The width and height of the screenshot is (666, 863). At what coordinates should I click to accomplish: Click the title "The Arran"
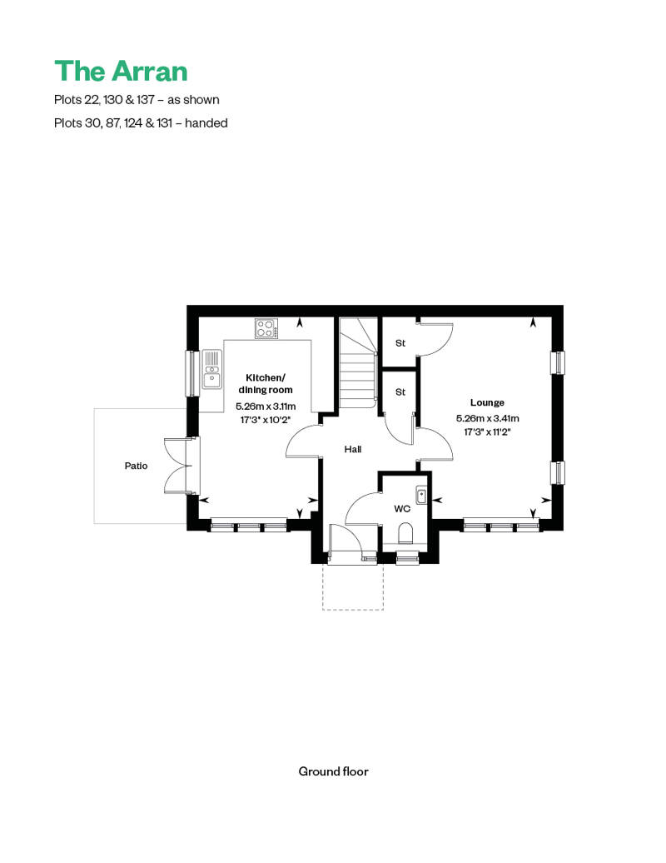(121, 71)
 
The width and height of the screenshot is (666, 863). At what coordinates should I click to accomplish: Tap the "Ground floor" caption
(333, 771)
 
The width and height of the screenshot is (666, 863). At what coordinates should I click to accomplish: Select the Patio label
(136, 466)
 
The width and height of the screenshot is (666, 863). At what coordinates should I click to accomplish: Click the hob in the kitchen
(266, 329)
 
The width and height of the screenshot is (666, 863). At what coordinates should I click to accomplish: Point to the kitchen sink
(211, 369)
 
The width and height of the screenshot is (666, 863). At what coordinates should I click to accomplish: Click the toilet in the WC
(406, 533)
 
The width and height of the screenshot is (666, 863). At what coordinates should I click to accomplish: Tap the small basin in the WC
(422, 496)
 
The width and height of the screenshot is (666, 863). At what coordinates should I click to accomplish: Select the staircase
(358, 363)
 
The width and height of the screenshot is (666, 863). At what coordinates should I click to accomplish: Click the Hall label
(353, 449)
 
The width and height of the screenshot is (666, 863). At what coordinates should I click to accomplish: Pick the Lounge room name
(487, 402)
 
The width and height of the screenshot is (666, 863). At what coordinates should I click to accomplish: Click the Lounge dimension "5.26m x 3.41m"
(487, 418)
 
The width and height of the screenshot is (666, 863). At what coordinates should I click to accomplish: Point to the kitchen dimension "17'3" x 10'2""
(266, 420)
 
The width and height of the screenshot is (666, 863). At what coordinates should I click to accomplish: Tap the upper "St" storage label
(400, 343)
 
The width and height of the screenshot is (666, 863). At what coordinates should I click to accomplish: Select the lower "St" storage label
(400, 392)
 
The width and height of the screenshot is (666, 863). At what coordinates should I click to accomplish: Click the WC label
(402, 508)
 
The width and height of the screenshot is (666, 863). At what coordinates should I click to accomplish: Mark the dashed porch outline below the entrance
(352, 586)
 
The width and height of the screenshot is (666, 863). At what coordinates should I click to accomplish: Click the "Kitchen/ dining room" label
(265, 384)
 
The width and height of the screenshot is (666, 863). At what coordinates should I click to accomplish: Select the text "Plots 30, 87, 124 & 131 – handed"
(141, 122)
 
